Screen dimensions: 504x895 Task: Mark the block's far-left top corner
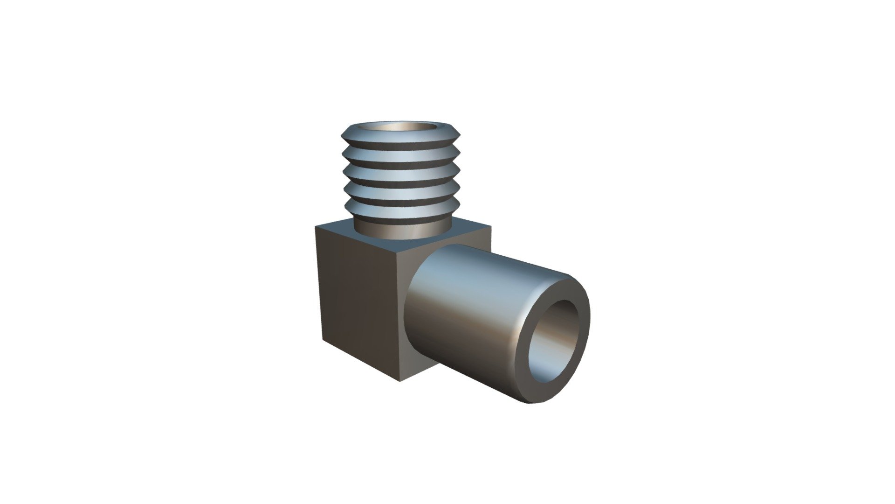(x=316, y=228)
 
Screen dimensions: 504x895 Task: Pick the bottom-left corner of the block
(x=323, y=339)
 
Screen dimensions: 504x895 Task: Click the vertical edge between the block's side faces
(x=399, y=317)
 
